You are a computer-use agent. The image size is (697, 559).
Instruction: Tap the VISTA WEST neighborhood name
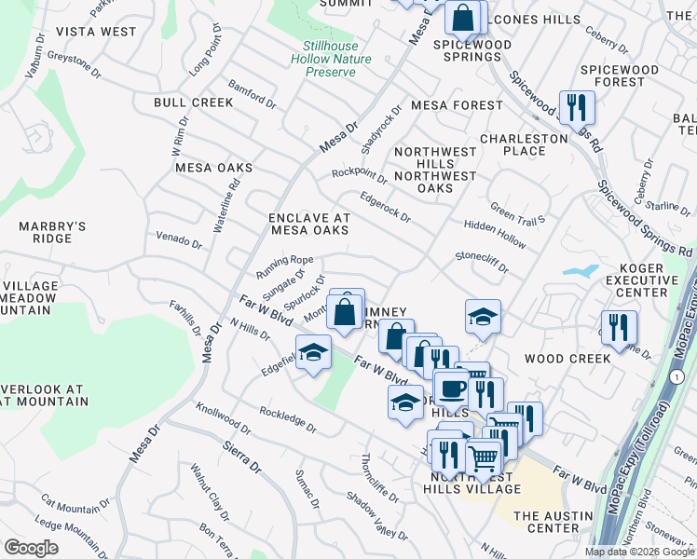(x=95, y=32)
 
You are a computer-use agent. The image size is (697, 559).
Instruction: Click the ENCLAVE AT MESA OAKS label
(x=308, y=224)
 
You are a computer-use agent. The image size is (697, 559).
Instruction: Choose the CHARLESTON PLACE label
(x=524, y=144)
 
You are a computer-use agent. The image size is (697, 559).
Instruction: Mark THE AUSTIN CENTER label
(x=546, y=522)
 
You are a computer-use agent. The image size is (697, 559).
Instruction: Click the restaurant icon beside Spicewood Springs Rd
(x=577, y=108)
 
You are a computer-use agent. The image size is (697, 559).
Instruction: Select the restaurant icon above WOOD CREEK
(x=619, y=328)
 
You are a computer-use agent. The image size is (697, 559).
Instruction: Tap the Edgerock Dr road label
(x=386, y=207)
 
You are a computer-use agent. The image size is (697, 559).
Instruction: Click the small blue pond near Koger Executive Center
(x=580, y=272)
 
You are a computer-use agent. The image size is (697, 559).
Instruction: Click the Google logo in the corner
(x=32, y=547)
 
